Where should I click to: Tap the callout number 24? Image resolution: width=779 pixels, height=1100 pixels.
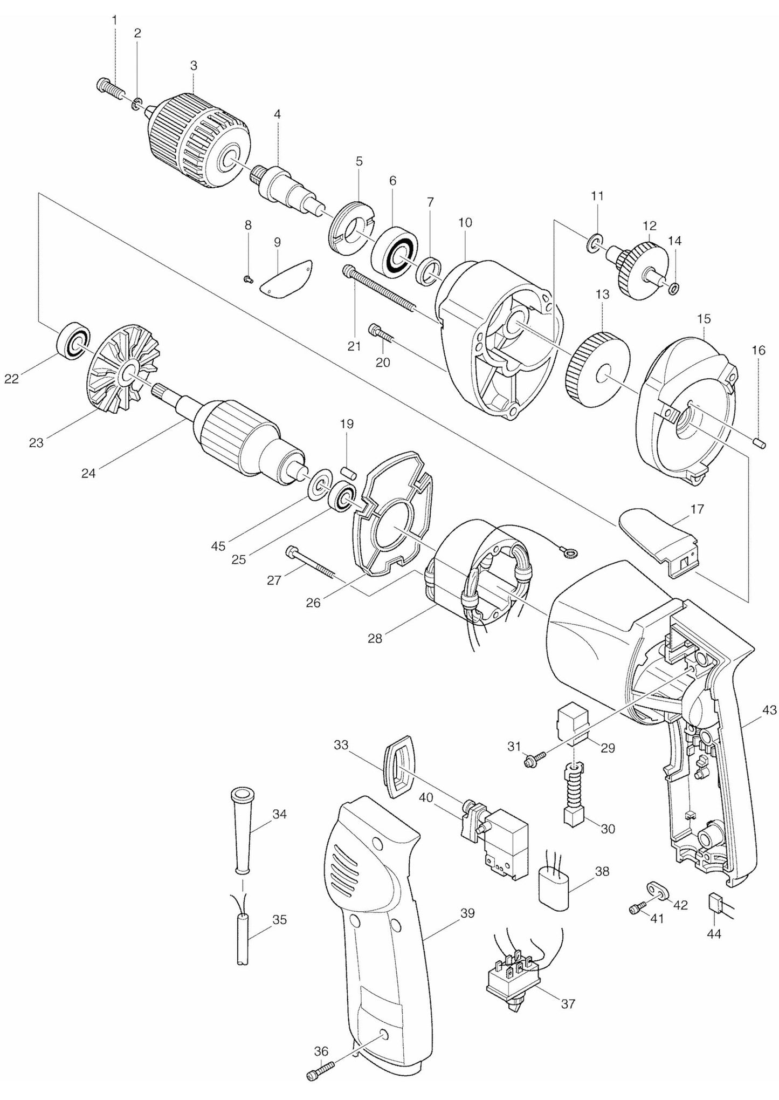click(x=88, y=473)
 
